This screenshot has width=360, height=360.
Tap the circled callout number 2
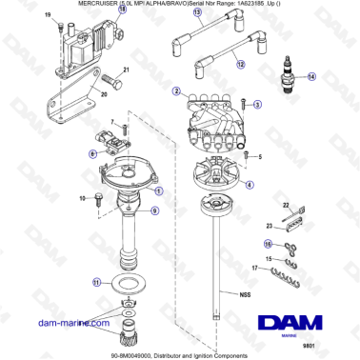pos(176,91)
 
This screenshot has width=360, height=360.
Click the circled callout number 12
pos(241,64)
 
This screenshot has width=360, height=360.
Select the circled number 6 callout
pos(92,152)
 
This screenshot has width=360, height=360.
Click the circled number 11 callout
pos(95,282)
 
